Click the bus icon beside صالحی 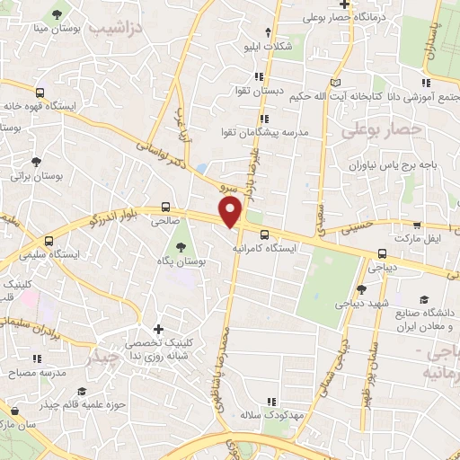(165, 207)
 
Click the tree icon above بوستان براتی (35, 163)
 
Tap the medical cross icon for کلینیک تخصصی (159, 329)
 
